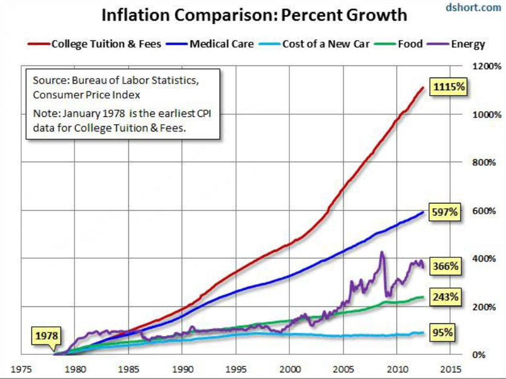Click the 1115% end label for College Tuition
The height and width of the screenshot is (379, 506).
448,88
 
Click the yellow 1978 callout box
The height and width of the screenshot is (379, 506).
47,335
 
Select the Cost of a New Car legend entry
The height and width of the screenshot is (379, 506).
318,44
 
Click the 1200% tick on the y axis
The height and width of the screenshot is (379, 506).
482,66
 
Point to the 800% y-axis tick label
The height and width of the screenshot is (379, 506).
482,162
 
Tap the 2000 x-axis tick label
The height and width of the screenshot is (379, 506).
291,369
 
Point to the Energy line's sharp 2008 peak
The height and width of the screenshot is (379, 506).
382,252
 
